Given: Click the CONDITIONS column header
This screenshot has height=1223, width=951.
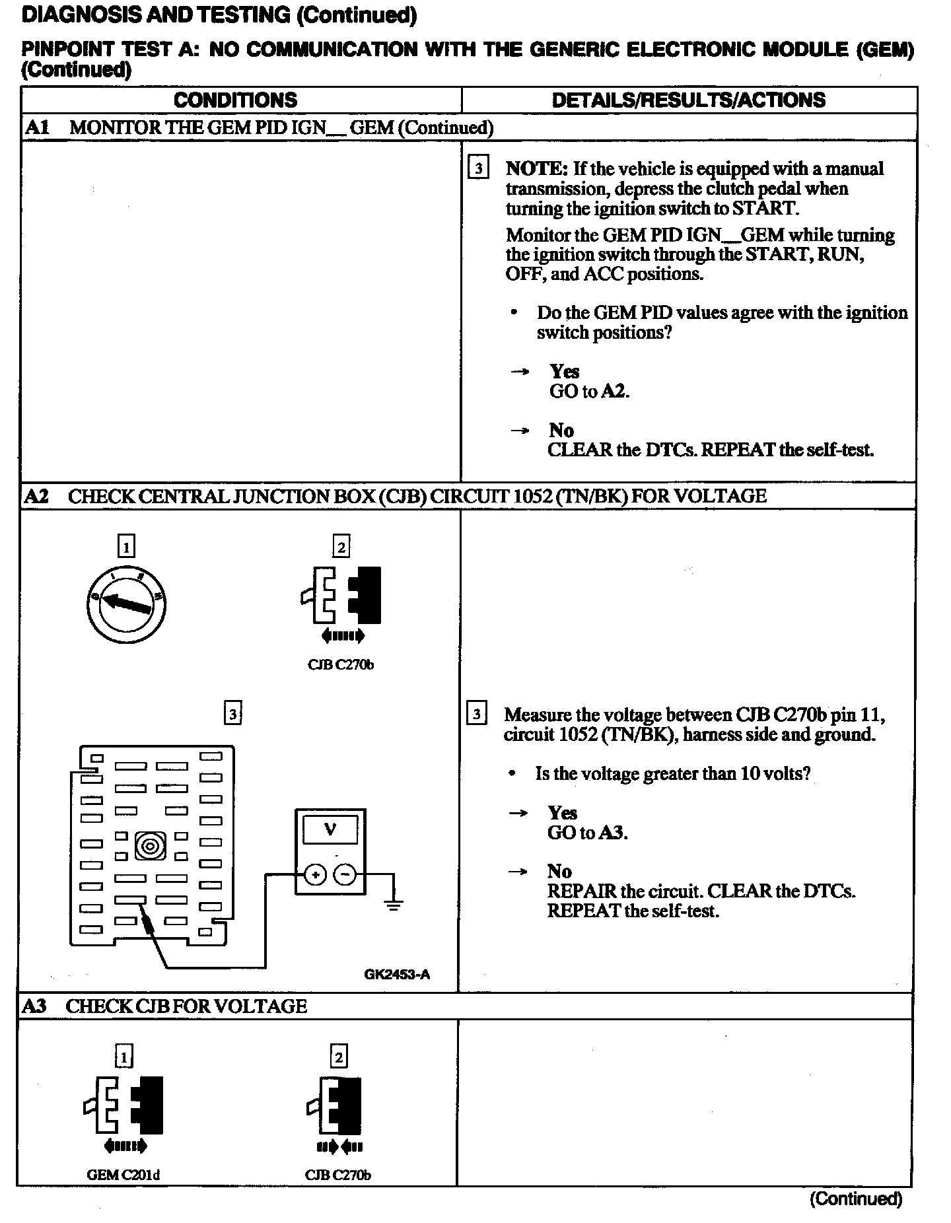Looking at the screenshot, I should [236, 100].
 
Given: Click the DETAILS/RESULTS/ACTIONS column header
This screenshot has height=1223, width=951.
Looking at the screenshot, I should [688, 100].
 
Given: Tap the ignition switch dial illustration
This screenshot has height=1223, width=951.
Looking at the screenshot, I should [126, 604].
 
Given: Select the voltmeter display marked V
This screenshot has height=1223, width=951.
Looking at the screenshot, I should [330, 830].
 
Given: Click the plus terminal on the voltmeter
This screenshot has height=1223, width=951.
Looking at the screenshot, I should [315, 875].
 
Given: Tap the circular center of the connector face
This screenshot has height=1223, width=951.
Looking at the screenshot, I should [150, 846].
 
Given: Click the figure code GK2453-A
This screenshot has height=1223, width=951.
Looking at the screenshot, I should [397, 974].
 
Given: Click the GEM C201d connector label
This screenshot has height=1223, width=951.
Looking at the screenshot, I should [123, 1175].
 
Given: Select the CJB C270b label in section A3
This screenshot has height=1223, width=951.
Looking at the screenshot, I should [337, 1175].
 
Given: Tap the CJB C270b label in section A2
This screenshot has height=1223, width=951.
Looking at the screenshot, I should [340, 665].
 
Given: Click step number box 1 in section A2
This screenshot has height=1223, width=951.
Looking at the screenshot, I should [125, 547].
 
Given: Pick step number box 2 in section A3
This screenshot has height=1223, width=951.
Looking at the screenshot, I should [338, 1057].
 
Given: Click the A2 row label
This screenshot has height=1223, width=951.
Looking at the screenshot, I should [36, 496].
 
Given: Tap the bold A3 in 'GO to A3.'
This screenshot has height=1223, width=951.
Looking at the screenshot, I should [612, 833].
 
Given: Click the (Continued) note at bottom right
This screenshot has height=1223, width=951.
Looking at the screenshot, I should [855, 1199].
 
